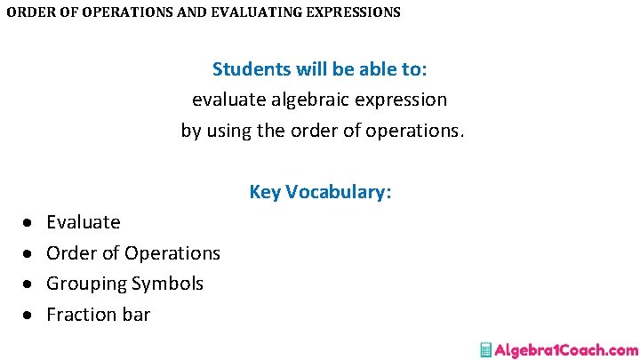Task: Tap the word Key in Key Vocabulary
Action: (x=265, y=192)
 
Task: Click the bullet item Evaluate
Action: (x=83, y=222)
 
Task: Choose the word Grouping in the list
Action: (x=86, y=284)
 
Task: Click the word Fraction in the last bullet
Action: (x=81, y=315)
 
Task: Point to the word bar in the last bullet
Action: (x=136, y=315)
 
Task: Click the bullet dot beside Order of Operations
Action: (x=28, y=254)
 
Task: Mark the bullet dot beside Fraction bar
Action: (x=28, y=316)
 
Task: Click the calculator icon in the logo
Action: (x=486, y=350)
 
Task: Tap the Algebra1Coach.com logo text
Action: (x=566, y=350)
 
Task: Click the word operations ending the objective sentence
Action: (x=418, y=131)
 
